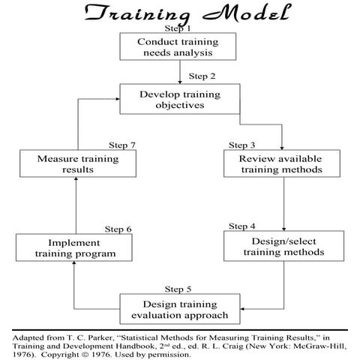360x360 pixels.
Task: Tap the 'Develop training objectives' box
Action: pyautogui.click(x=180, y=100)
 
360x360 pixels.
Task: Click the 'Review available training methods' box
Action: pyautogui.click(x=283, y=163)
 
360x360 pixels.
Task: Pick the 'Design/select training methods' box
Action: pyautogui.click(x=283, y=245)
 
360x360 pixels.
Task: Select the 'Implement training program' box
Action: pyautogui.click(x=67, y=248)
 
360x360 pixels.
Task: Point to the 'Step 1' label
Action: pyautogui.click(x=180, y=28)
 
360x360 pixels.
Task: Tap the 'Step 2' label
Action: pyautogui.click(x=202, y=76)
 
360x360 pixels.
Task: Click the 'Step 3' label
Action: pyautogui.click(x=241, y=145)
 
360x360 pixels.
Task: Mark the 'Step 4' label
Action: pyautogui.click(x=241, y=226)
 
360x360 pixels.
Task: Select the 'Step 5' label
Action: pyautogui.click(x=178, y=288)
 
